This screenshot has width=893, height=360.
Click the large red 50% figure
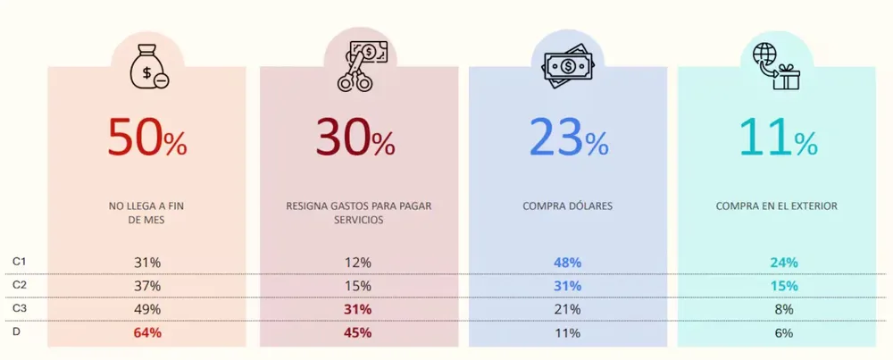147,138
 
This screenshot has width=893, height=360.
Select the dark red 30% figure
355,138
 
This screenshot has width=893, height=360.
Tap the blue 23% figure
568,138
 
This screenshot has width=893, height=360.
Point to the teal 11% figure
778,138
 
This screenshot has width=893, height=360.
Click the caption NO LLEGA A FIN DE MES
147,213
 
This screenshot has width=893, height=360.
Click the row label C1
19,261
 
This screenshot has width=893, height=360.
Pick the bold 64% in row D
147,333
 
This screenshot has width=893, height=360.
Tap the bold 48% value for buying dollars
567,263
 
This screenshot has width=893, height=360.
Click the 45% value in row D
357,333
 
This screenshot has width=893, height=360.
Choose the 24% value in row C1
784,263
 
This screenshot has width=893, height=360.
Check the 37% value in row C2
147,286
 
